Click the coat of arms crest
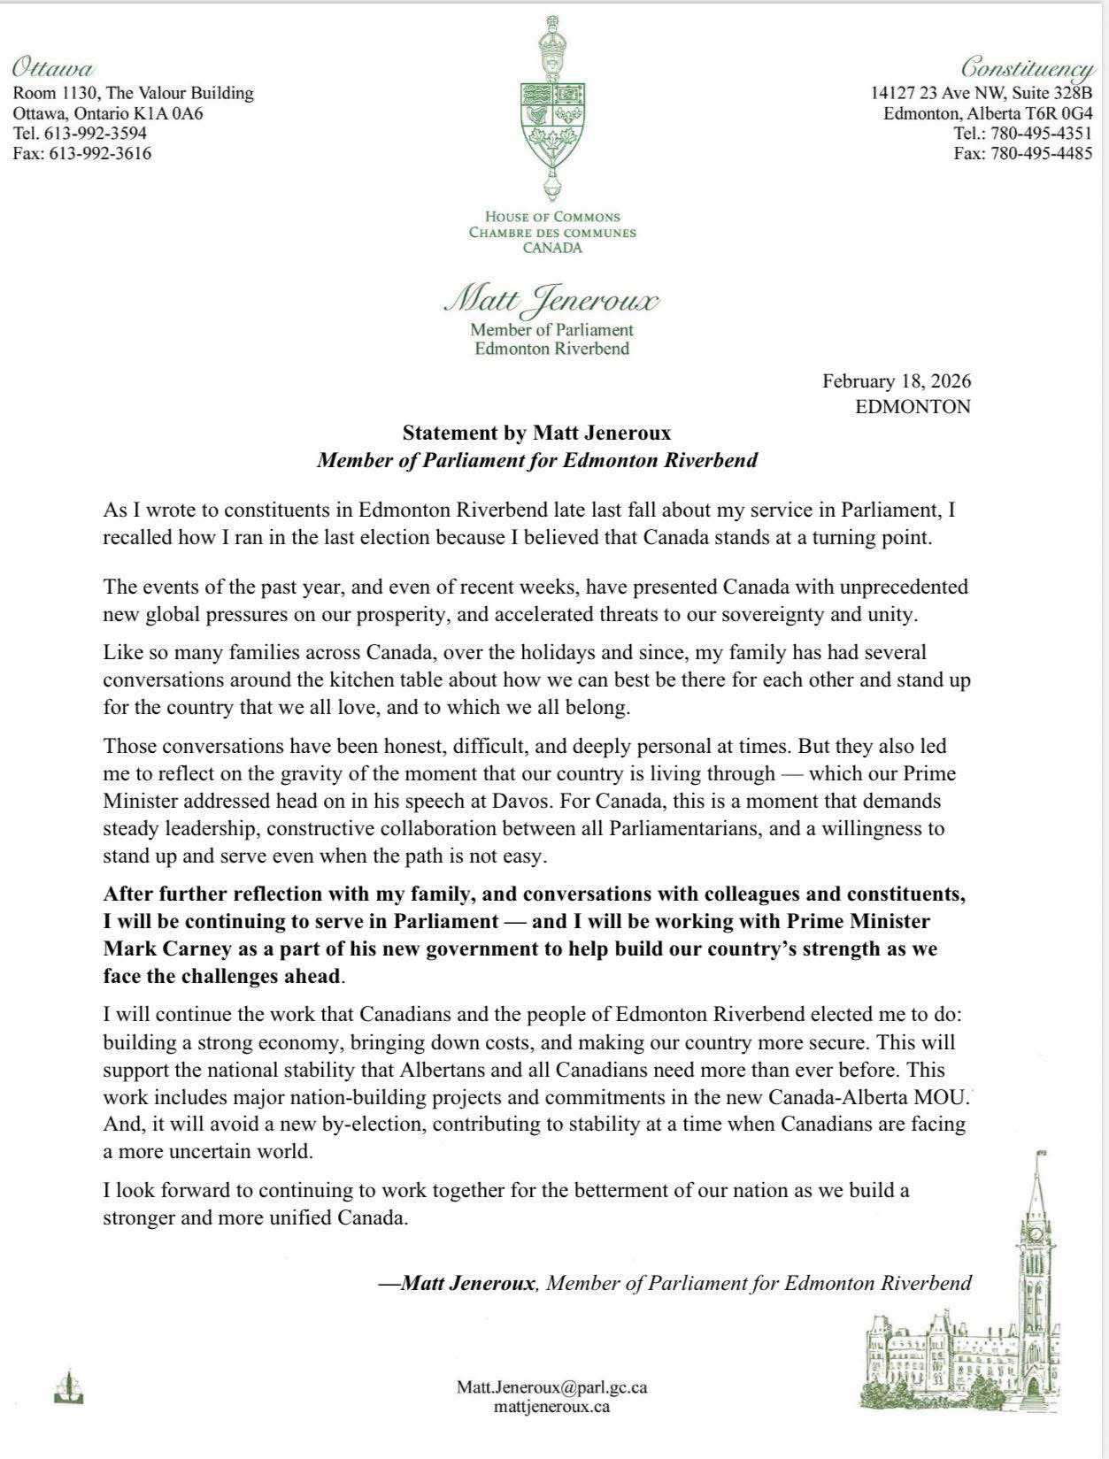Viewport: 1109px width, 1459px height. point(553,111)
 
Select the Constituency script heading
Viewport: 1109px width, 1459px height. point(1027,67)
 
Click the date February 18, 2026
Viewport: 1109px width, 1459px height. point(896,381)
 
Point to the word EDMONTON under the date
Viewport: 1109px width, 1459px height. point(913,407)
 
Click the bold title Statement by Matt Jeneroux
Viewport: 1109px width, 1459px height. point(536,434)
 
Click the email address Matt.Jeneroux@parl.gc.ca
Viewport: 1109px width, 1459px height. point(551,1387)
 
